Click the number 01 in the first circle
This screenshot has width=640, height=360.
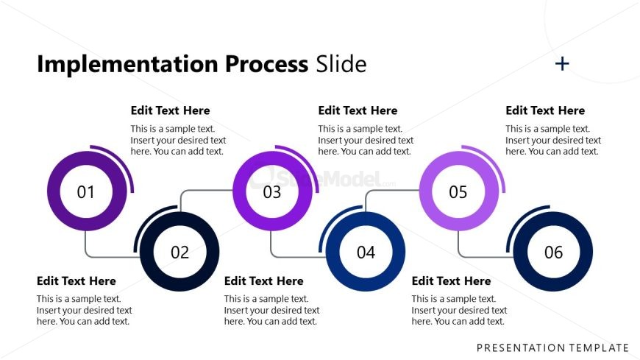click(86, 192)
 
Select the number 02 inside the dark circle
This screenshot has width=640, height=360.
click(179, 253)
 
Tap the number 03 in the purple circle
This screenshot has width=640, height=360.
click(272, 192)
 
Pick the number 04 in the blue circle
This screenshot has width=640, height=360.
click(366, 253)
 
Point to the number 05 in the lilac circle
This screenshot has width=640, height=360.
click(458, 192)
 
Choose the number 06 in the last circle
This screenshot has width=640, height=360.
click(553, 253)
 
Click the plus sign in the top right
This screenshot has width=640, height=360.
click(562, 64)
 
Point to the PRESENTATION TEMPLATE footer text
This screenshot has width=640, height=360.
click(552, 347)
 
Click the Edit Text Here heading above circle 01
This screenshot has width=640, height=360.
click(170, 111)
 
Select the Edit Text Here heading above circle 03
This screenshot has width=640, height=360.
click(358, 111)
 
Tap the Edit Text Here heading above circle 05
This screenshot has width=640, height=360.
click(545, 111)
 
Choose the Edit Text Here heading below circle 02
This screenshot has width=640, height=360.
click(77, 281)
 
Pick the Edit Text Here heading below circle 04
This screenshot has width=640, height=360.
click(263, 281)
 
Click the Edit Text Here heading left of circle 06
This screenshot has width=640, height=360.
click(451, 281)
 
